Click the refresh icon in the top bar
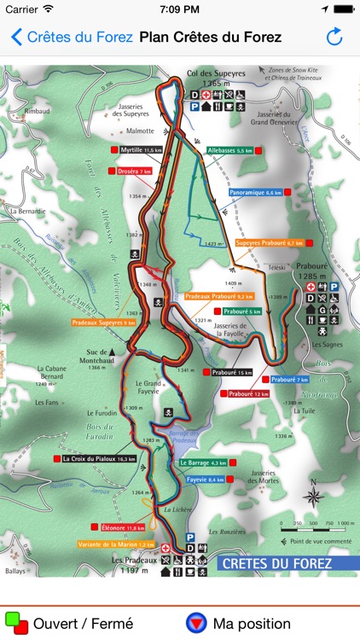(334, 38)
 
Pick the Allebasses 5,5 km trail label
(229, 149)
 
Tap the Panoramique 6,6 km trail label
(255, 193)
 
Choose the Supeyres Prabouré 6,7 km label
(269, 242)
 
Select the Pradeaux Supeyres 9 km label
(103, 323)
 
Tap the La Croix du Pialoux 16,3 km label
(99, 458)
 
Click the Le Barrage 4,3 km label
(203, 463)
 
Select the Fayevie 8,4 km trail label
(205, 480)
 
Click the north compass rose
(313, 498)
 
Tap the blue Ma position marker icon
(197, 623)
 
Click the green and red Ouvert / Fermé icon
(16, 623)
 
